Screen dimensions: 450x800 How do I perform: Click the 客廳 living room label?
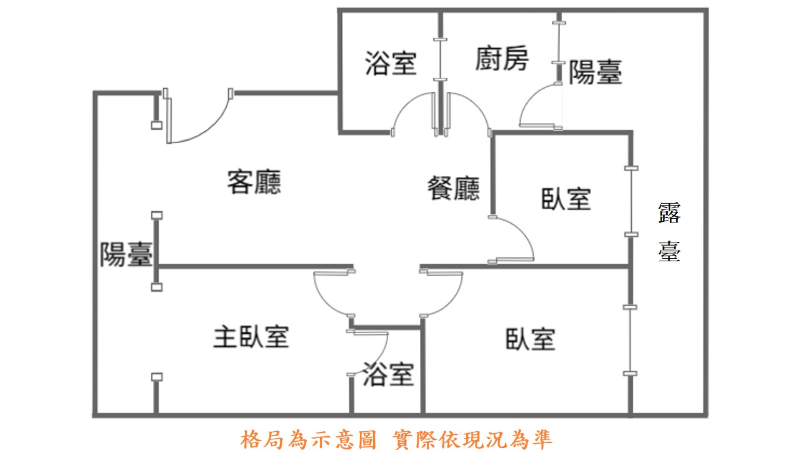coord(253,183)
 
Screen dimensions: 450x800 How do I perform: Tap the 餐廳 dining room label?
coord(453,189)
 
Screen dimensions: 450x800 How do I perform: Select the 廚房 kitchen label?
coord(501,60)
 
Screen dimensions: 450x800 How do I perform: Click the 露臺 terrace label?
coord(669,231)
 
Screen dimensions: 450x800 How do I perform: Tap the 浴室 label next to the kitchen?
coord(390,65)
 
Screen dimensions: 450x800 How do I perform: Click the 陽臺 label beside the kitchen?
coord(596,72)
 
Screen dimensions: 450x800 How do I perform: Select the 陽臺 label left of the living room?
coord(126,255)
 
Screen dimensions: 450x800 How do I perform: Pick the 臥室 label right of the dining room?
coord(566,199)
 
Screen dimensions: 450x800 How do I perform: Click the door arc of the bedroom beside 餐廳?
coord(520,236)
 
